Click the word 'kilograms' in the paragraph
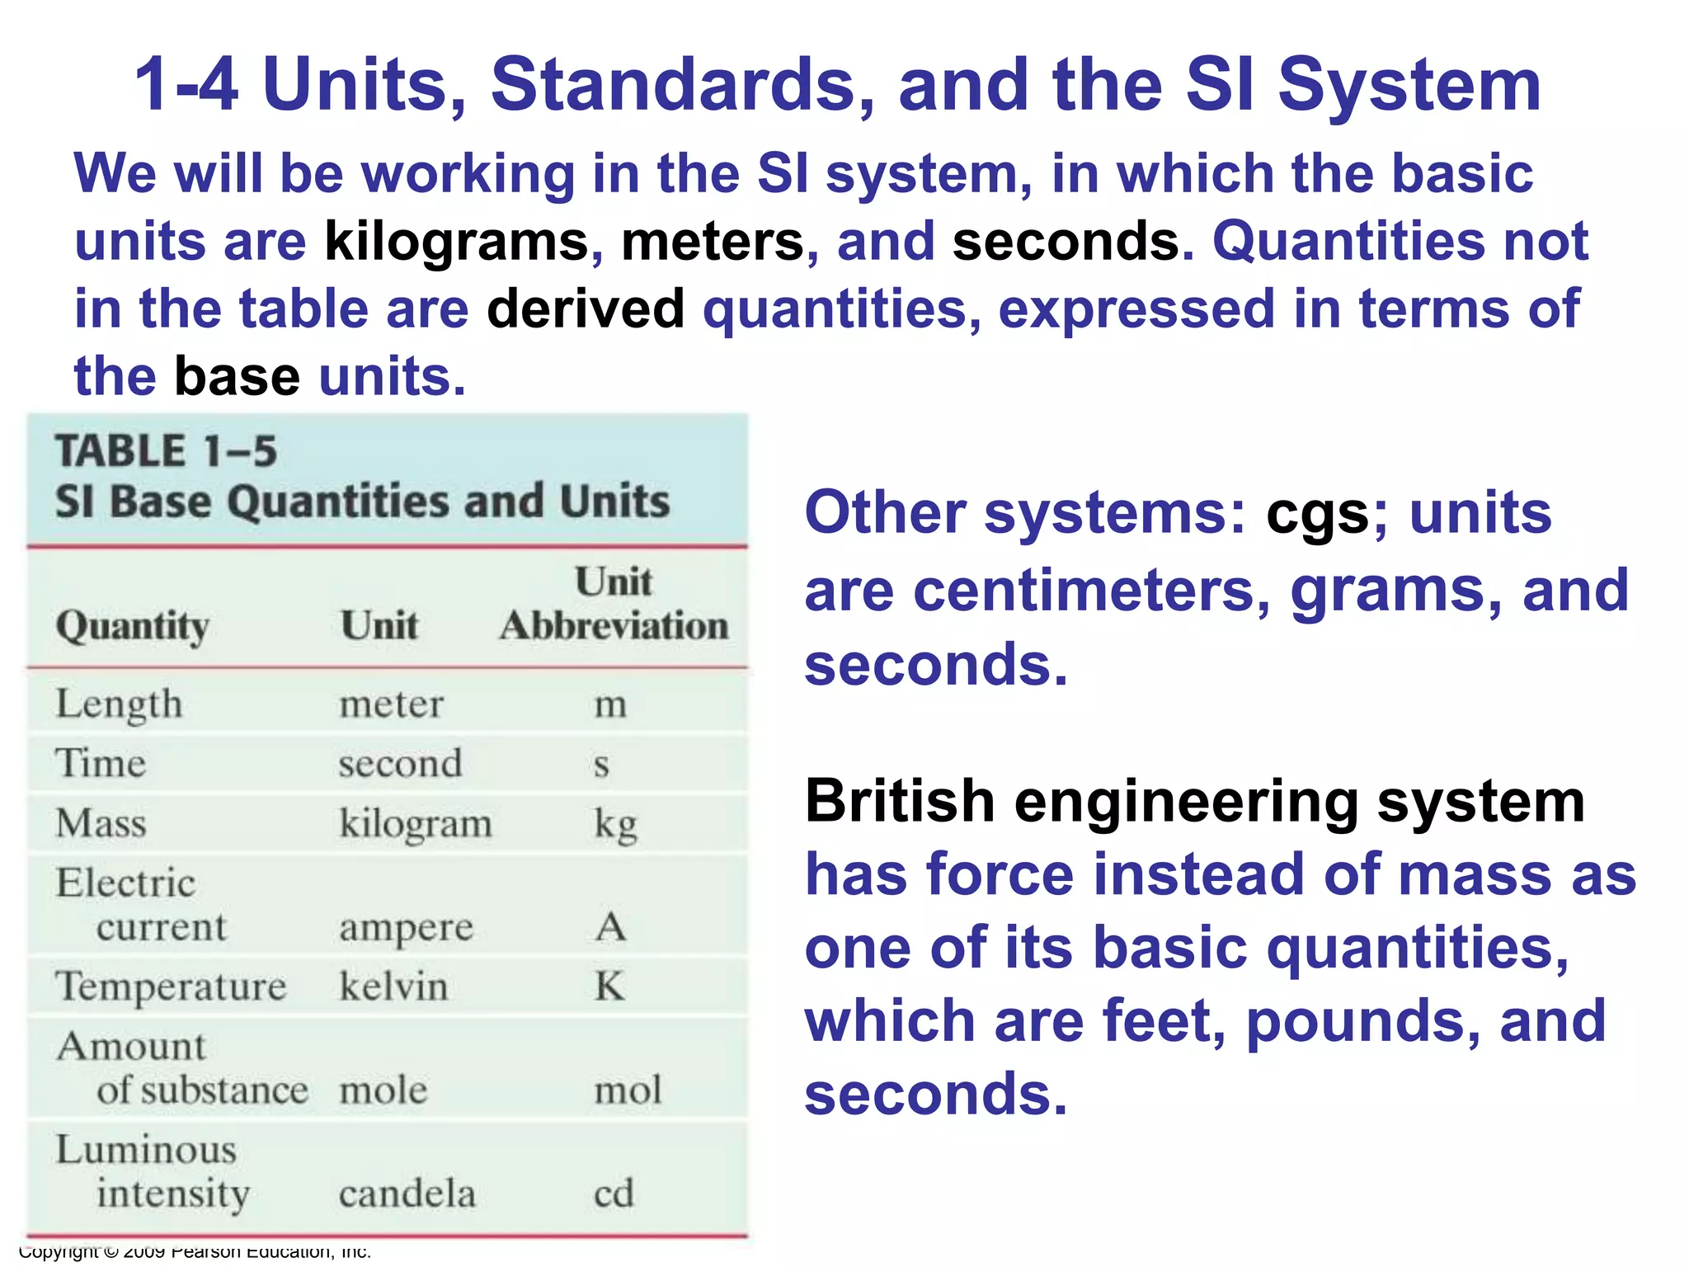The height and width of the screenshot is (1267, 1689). tap(457, 242)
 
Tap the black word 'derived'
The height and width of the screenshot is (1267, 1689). tap(586, 309)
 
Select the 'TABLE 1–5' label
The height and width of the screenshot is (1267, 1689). tap(166, 451)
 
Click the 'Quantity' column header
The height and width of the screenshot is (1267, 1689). tap(132, 626)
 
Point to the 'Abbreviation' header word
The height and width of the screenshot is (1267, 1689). tap(614, 626)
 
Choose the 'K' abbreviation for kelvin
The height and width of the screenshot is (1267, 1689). tap(610, 987)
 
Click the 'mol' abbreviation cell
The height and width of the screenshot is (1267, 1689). tap(628, 1090)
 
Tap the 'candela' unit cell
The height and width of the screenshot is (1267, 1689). tap(407, 1194)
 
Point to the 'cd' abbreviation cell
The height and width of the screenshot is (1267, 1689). tap(614, 1194)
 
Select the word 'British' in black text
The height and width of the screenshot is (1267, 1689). tap(900, 801)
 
